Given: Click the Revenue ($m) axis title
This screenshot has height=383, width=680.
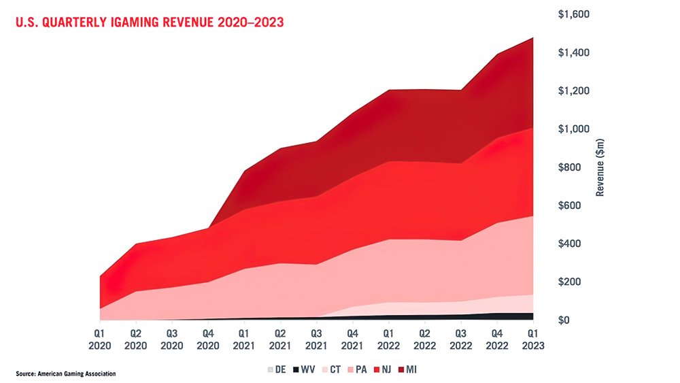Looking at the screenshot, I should click(x=600, y=166).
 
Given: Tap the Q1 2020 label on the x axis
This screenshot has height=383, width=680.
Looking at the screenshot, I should click(x=99, y=340).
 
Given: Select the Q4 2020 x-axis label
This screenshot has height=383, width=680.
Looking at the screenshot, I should click(x=208, y=340).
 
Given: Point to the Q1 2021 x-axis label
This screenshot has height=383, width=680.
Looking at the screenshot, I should click(x=245, y=340).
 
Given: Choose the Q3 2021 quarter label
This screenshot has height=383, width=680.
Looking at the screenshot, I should click(x=316, y=340).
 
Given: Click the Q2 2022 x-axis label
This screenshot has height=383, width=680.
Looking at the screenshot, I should click(x=425, y=340).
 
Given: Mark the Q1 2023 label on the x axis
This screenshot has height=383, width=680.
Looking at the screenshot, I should click(x=534, y=340).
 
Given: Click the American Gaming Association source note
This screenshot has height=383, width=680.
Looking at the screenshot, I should click(x=67, y=373).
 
